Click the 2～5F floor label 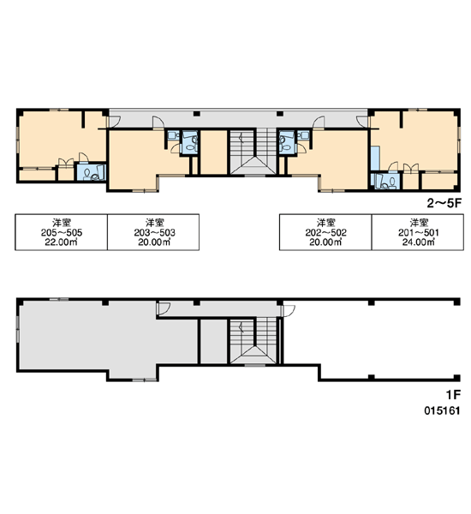pos(444,203)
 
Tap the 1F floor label pos(453,395)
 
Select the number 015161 pos(442,410)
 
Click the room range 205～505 pos(62,232)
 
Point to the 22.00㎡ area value pos(62,242)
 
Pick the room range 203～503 pos(154,232)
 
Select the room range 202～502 pos(325,232)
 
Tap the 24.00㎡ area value pos(419,242)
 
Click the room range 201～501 pos(419,232)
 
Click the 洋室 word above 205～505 pos(62,223)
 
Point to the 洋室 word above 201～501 pos(419,223)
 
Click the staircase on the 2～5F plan pos(253,152)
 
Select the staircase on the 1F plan pos(253,341)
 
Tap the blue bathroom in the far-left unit pos(92,172)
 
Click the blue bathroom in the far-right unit pos(385,181)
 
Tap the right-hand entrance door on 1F pos(288,311)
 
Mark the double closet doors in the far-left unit pos(66,163)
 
